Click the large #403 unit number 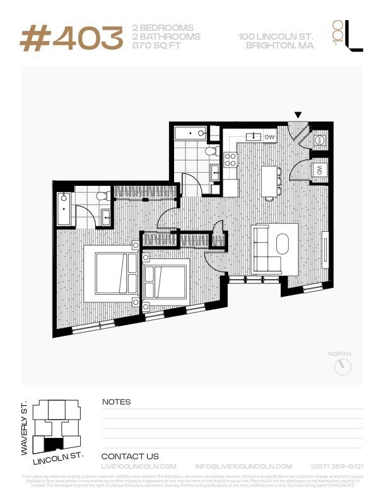[x=71, y=38]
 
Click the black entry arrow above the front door [x=298, y=115]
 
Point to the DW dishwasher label [x=269, y=137]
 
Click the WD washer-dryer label [x=319, y=169]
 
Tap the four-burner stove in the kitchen [x=230, y=159]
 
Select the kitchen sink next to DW [x=255, y=136]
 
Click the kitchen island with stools [x=269, y=181]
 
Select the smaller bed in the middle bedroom [x=164, y=281]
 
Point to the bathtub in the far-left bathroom [x=64, y=210]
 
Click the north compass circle [x=342, y=367]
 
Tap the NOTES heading [x=116, y=402]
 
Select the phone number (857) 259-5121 [x=337, y=466]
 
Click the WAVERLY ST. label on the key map [x=25, y=428]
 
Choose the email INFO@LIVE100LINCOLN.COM [x=243, y=466]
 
